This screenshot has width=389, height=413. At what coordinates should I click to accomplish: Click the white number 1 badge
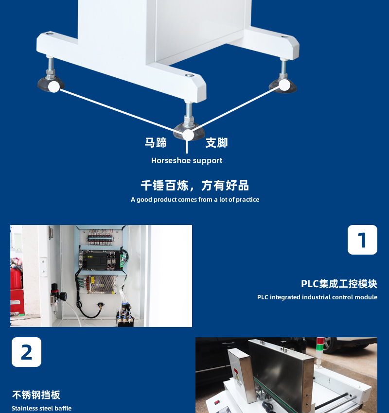pyautogui.click(x=362, y=240)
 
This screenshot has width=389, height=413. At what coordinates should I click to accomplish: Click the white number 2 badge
pyautogui.click(x=26, y=352)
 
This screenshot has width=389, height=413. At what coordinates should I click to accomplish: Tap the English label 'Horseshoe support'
pyautogui.click(x=187, y=161)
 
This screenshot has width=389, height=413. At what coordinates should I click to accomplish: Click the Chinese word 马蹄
pyautogui.click(x=156, y=142)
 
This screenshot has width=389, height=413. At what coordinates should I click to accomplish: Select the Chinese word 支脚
pyautogui.click(x=217, y=142)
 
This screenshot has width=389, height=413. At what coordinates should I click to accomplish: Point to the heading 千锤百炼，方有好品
pyautogui.click(x=195, y=186)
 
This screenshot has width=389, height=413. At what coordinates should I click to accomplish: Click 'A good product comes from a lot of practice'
pyautogui.click(x=195, y=200)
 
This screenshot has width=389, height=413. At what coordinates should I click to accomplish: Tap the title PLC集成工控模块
pyautogui.click(x=339, y=284)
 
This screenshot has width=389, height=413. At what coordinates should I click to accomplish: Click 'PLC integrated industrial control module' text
pyautogui.click(x=318, y=297)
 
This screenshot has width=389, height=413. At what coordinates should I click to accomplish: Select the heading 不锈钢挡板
pyautogui.click(x=36, y=395)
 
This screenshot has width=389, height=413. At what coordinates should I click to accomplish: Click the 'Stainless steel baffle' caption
pyautogui.click(x=42, y=408)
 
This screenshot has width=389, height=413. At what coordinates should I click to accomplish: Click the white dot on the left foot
pyautogui.click(x=54, y=86)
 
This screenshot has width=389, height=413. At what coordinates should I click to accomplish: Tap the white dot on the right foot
pyautogui.click(x=284, y=85)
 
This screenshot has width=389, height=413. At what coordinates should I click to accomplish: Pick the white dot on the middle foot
pyautogui.click(x=188, y=135)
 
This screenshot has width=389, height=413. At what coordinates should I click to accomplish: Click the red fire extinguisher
pyautogui.click(x=16, y=277)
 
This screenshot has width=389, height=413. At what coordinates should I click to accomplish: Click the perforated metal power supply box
pyautogui.click(x=102, y=284)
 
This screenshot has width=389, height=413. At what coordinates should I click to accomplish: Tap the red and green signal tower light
pyautogui.click(x=320, y=350)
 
